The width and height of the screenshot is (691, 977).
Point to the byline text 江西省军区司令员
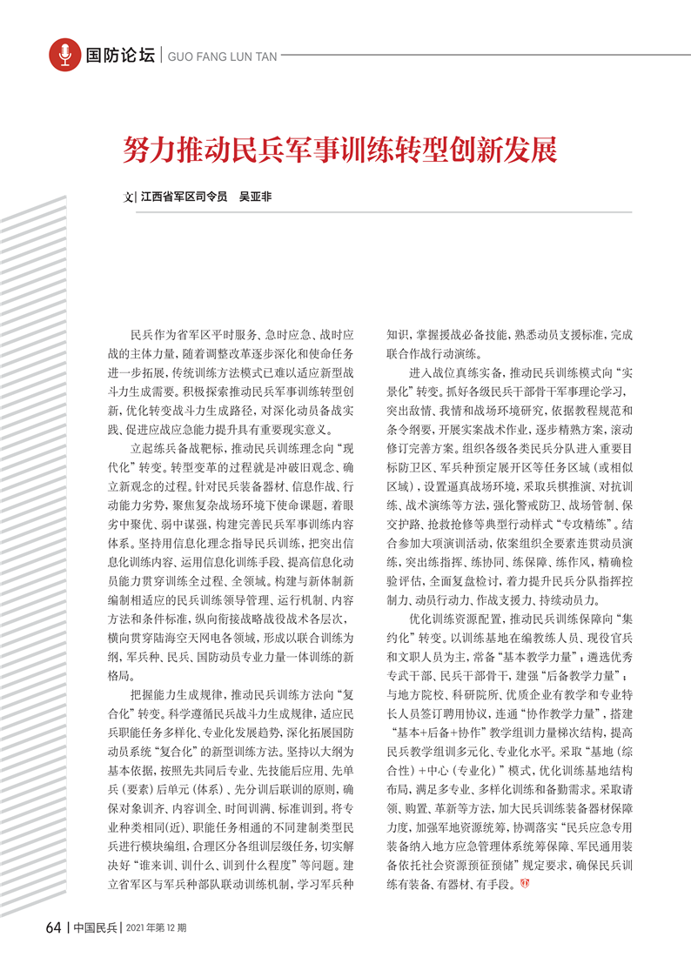pos(184,197)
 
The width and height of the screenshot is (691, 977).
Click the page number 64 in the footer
pos(52,927)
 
